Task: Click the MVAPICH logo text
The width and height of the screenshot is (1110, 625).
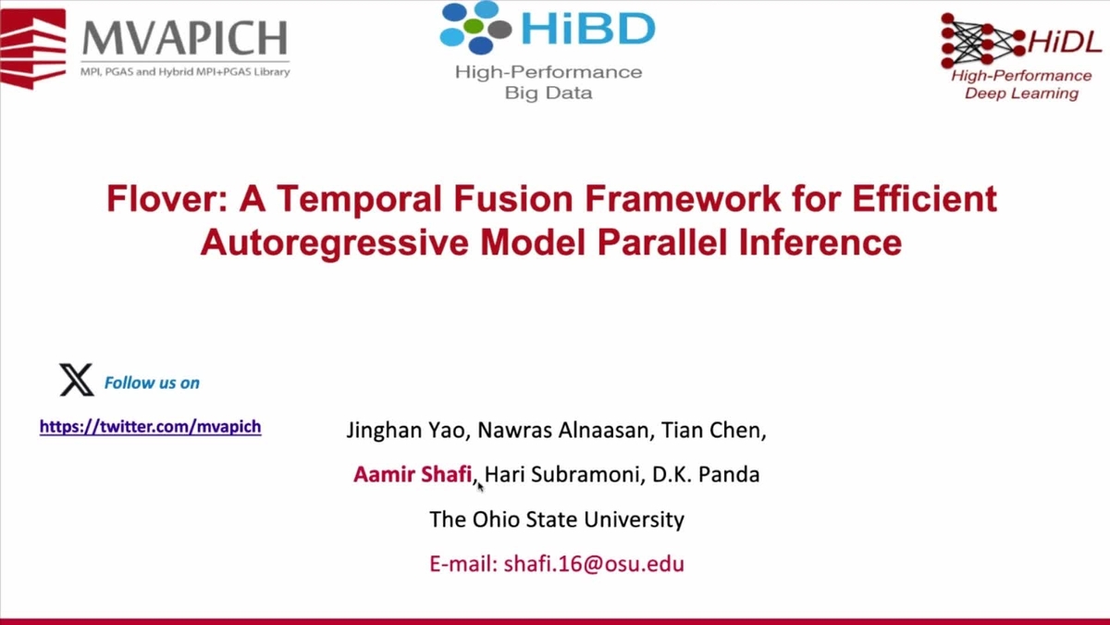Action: pos(185,38)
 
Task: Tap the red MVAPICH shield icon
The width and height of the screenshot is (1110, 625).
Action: pos(33,46)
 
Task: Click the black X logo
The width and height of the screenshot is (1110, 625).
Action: pos(76,381)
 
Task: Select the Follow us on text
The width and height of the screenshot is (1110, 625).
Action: pos(152,382)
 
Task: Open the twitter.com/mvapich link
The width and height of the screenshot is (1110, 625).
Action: pos(150,427)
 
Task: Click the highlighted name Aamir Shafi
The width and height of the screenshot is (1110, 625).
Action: pos(413,475)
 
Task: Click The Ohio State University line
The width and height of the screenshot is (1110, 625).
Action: pos(556,519)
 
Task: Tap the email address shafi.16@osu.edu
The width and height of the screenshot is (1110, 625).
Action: pos(556,563)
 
